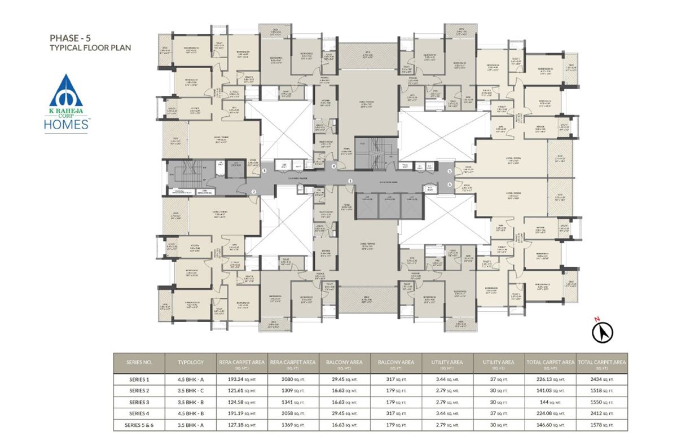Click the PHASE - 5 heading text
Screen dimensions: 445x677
click(x=71, y=38)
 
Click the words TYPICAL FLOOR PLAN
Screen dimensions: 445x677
click(x=90, y=49)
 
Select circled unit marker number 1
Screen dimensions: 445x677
click(x=350, y=180)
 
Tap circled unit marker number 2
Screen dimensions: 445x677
click(x=254, y=192)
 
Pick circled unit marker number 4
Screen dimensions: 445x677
click(x=333, y=166)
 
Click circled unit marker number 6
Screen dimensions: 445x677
click(x=450, y=184)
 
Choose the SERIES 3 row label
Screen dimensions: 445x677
click(x=138, y=402)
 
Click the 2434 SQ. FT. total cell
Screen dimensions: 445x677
click(x=602, y=378)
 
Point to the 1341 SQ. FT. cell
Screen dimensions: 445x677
click(x=292, y=402)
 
